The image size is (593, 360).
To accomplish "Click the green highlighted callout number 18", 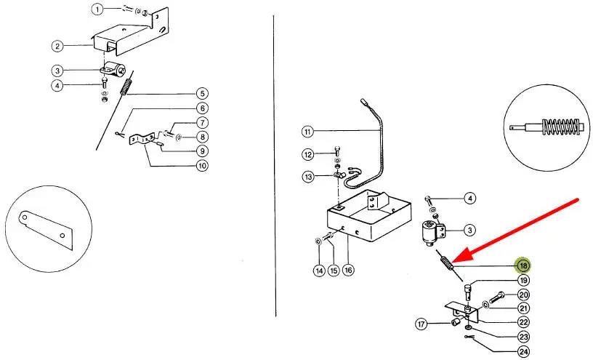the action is point(523,265).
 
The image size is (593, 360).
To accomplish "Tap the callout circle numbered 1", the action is point(97,9).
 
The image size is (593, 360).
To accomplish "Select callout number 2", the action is point(57,47).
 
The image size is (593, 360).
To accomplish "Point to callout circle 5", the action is point(202,94).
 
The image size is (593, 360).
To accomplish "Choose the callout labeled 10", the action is point(202,165).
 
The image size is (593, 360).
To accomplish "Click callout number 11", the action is point(308,132).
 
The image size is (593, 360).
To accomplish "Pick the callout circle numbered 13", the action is point(309,177).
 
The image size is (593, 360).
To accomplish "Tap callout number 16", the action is point(348,270).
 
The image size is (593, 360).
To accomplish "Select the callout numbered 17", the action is point(421,324).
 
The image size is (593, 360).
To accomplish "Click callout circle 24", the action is point(524,352).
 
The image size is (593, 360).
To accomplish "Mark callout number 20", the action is point(524,295).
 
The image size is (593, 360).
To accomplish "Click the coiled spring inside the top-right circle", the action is point(558,126).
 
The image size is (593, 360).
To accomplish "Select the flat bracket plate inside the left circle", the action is point(45,230).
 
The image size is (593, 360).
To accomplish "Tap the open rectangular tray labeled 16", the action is point(369,217).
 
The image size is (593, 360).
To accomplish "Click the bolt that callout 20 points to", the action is point(497,297).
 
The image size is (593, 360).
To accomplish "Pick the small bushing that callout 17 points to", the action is point(456,323).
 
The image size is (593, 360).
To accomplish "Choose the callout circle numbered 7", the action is point(202,123).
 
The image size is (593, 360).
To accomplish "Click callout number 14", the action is point(320,271).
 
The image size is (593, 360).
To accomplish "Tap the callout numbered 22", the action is point(524,322).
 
